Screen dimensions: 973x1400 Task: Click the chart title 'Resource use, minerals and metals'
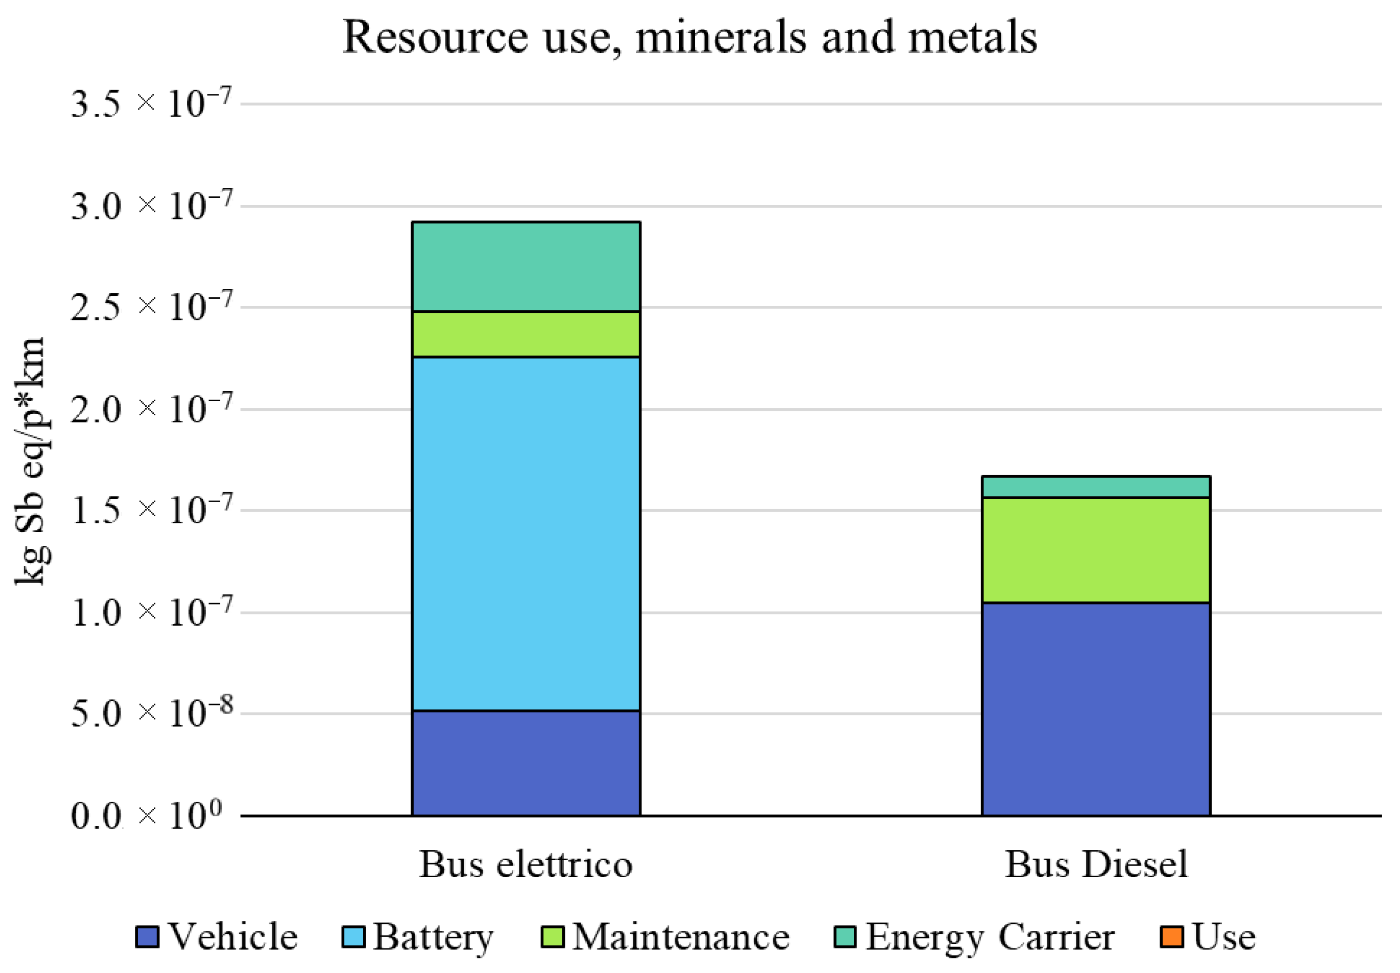[689, 38]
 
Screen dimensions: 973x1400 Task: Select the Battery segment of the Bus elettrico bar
[525, 533]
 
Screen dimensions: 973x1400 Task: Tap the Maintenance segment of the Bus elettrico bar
[525, 334]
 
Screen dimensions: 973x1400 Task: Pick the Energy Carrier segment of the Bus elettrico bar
[525, 267]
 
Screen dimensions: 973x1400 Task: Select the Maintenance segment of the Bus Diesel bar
[1095, 550]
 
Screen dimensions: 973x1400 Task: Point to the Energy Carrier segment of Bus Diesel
[1095, 486]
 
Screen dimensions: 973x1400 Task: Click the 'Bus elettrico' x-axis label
[525, 864]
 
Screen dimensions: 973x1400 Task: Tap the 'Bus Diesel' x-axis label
[1095, 864]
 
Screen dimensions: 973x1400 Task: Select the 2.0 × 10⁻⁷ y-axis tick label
[150, 409]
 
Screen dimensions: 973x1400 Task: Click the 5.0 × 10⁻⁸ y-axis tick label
[150, 713]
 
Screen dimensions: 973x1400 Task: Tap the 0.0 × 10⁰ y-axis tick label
[146, 816]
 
